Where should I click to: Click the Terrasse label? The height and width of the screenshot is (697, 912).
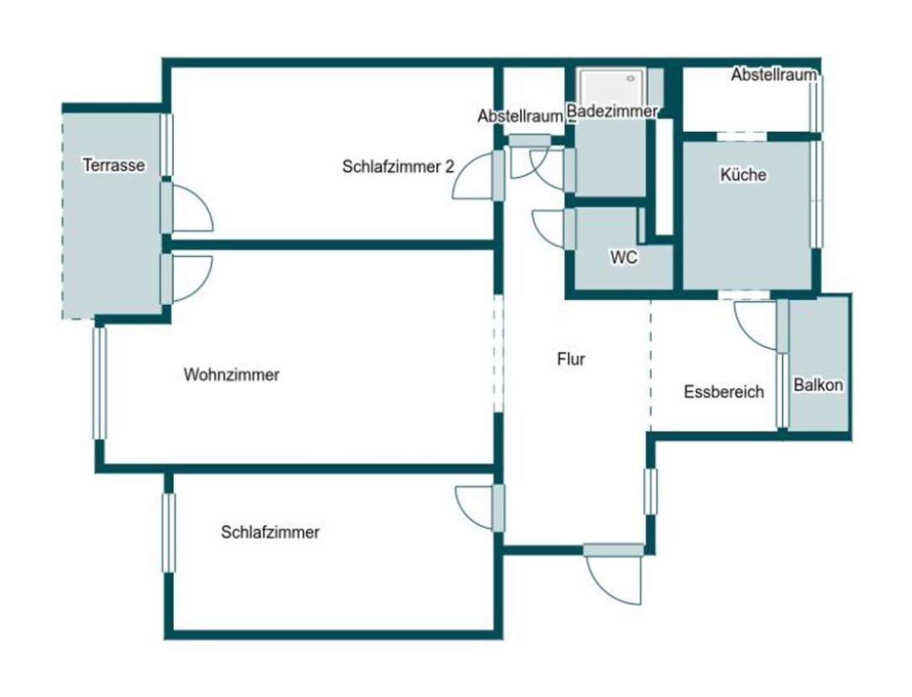click(114, 165)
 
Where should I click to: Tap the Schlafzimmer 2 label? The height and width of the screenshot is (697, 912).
click(398, 167)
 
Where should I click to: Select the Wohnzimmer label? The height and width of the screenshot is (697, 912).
click(231, 375)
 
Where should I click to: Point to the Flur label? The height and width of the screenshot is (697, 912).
click(571, 359)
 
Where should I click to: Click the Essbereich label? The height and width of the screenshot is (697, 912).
click(724, 392)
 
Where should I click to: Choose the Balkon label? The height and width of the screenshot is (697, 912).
click(818, 385)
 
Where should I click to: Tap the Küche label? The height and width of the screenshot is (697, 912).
click(743, 175)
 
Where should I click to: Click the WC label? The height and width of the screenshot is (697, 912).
click(624, 257)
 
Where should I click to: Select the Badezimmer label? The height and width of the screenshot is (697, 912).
click(612, 111)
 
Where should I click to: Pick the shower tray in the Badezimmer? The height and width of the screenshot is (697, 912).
click(612, 87)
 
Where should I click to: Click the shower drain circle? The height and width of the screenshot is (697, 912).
click(630, 78)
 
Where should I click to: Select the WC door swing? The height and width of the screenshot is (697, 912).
click(548, 228)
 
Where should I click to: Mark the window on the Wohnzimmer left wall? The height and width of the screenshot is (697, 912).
click(100, 384)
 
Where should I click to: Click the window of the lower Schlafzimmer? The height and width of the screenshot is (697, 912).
click(169, 533)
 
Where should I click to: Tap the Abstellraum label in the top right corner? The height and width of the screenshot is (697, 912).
click(773, 75)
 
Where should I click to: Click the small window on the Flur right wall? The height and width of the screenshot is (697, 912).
click(651, 492)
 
